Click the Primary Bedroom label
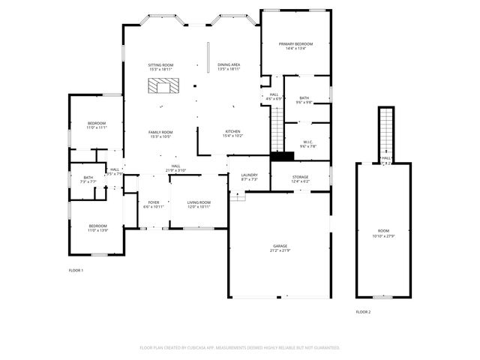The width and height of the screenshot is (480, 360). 295,46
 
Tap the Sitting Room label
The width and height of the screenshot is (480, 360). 161,67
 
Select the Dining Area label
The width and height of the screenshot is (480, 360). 229,67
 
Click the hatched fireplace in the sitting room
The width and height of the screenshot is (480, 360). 163,86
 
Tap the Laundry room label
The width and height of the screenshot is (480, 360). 249,177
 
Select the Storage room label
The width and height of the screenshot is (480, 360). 300,178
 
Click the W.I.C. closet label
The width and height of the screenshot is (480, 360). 308,144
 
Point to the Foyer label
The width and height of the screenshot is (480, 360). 153,204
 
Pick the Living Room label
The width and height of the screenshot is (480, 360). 199,204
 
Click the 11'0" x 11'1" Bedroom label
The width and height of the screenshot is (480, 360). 97,125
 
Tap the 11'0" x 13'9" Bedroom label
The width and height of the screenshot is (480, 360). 98,228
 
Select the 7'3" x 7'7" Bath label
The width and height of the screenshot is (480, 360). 88,179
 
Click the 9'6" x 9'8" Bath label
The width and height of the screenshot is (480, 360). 304,100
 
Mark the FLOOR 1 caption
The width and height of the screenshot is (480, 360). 76,270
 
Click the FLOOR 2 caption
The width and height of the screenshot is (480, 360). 363,311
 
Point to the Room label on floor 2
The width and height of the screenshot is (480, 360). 383,232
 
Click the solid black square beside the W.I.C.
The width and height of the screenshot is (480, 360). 282,156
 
